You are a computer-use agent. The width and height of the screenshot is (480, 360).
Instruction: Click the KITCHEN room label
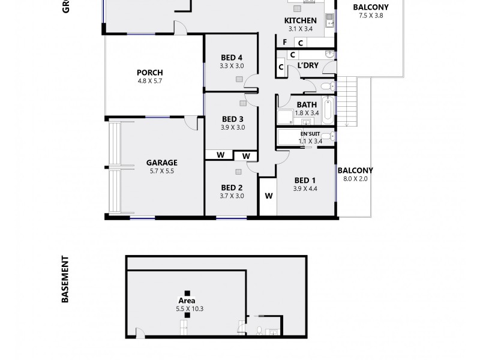(300, 20)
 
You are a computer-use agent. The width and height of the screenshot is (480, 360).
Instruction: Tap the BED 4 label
(232, 58)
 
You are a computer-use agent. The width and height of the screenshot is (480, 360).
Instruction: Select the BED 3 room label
(232, 119)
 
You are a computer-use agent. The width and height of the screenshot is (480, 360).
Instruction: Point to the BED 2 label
(232, 187)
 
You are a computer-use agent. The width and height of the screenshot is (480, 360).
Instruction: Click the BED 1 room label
(305, 180)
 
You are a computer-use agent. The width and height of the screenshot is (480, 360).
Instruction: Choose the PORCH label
(150, 73)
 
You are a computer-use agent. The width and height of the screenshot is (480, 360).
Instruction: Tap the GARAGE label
(162, 162)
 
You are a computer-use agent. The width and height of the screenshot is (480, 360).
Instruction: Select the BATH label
(306, 104)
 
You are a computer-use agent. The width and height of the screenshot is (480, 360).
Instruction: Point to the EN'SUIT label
(310, 134)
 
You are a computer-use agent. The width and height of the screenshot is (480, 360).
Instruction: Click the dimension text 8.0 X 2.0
(355, 179)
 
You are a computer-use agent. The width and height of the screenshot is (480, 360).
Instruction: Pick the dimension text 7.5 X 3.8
(370, 16)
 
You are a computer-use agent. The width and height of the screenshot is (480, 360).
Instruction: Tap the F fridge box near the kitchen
(285, 43)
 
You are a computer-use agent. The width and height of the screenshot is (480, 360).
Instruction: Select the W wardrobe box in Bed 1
(268, 195)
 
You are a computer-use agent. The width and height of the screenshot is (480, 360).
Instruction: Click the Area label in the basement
(187, 300)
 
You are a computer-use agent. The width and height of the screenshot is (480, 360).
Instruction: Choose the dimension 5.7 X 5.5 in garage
(162, 170)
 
